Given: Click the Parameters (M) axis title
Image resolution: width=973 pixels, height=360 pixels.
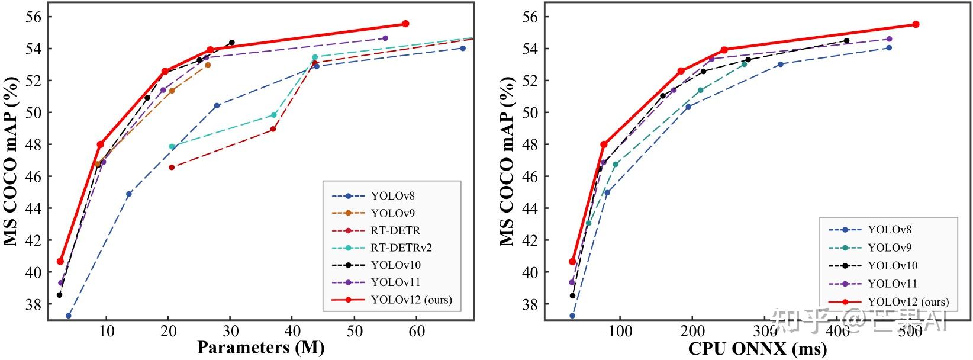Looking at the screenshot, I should (x=260, y=348).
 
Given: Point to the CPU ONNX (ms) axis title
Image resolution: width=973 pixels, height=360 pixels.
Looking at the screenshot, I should (x=757, y=349).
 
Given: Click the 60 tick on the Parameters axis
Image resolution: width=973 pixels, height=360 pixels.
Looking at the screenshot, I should (x=417, y=330).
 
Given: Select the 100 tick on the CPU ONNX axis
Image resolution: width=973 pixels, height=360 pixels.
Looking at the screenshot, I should (x=620, y=330).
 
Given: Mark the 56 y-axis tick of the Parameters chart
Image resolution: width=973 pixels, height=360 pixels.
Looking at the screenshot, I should (x=34, y=17).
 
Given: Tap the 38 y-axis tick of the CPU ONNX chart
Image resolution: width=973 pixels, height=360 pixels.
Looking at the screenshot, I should (x=530, y=304).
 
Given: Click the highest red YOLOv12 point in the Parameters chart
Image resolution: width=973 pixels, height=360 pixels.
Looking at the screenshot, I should (x=405, y=24).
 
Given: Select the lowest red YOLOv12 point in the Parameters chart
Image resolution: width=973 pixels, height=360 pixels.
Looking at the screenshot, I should (x=60, y=261).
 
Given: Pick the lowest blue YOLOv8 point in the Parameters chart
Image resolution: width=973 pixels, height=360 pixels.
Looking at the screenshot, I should (x=69, y=316).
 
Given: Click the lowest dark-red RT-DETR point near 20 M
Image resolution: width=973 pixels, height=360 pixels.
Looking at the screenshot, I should (x=172, y=167).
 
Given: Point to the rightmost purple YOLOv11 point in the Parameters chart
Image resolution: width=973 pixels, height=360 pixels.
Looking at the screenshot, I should (x=385, y=38).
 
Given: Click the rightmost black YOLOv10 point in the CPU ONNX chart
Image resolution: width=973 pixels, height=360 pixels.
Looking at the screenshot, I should (x=846, y=41).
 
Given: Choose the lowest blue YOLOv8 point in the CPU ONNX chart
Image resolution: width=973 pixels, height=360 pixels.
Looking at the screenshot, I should (x=572, y=316).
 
